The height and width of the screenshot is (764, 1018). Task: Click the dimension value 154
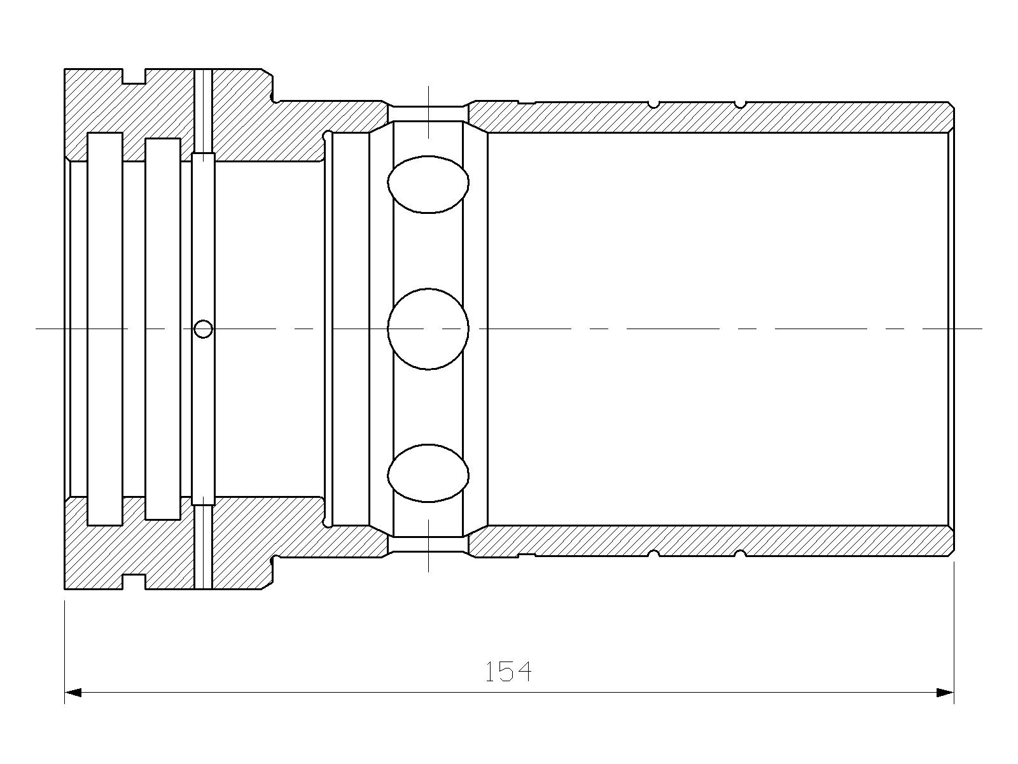coord(508,672)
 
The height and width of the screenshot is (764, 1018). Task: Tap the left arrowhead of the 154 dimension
coord(73,693)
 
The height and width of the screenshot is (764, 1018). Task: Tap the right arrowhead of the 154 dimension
coord(945,693)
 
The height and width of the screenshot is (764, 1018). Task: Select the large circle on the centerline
coord(428,329)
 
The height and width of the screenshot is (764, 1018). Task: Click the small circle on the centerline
coord(203,329)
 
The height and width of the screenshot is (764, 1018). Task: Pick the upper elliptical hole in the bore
coord(428,184)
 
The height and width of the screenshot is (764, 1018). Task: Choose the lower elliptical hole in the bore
coord(428,473)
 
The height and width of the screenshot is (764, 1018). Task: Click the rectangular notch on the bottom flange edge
coord(134,582)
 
